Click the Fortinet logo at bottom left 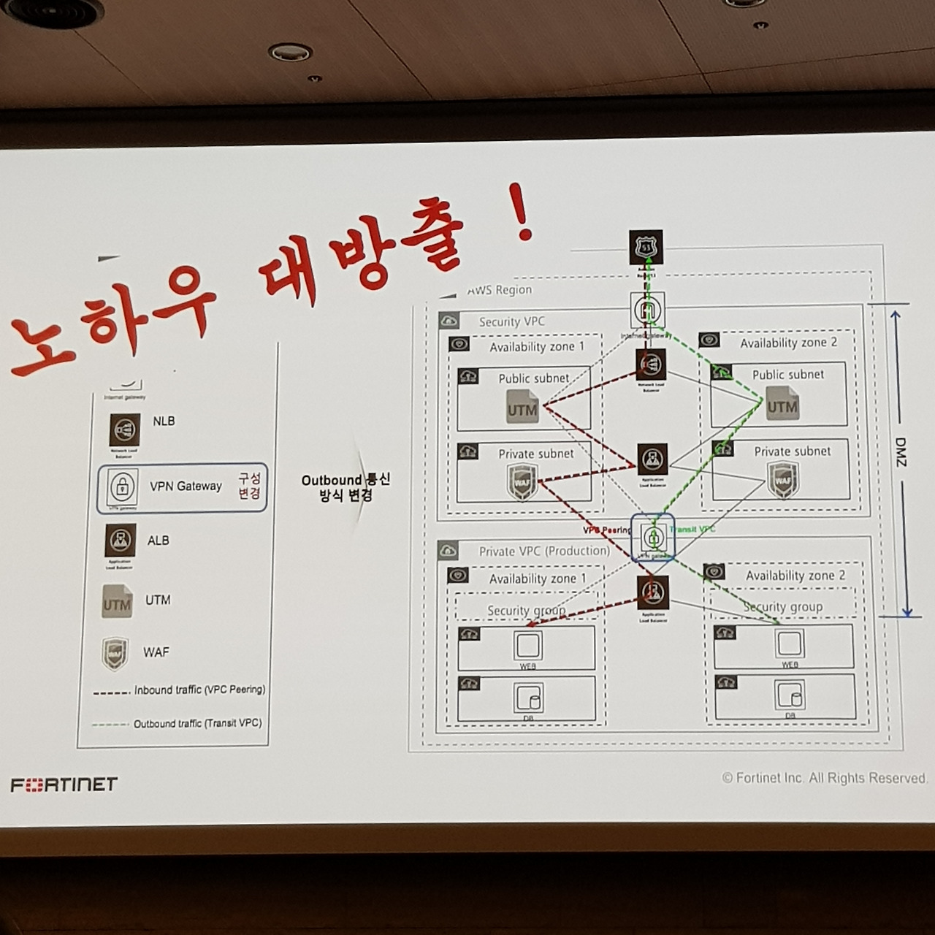tap(64, 785)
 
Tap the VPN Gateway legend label tap(186, 486)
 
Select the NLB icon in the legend tap(124, 431)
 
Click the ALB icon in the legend tap(119, 541)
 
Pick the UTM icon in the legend tap(117, 602)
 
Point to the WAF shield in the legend tap(115, 653)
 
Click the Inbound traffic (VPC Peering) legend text tap(199, 690)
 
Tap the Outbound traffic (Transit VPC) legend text tap(197, 723)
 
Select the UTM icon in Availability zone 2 tap(782, 405)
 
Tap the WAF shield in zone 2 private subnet tap(782, 481)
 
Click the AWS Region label tap(500, 290)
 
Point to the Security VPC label tap(511, 321)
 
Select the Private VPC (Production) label tap(544, 551)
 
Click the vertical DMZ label tap(900, 453)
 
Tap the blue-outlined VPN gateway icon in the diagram tap(653, 538)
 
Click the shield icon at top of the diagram tap(646, 247)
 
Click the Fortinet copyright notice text tap(825, 778)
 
